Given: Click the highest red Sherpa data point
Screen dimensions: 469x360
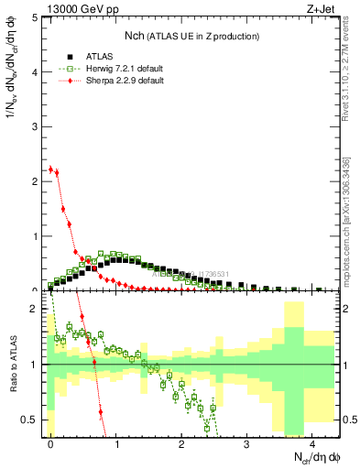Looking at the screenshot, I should point(50,169).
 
